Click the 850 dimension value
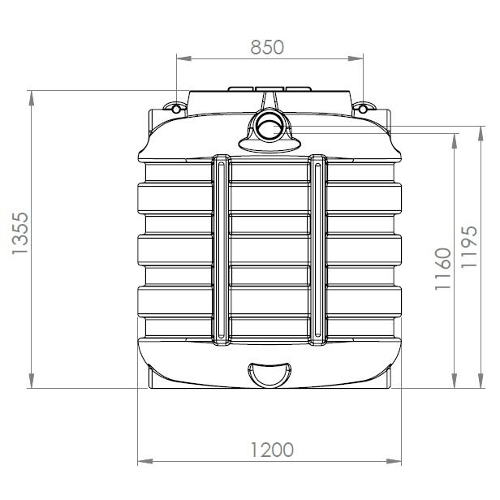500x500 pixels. (x=267, y=47)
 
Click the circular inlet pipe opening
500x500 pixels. (x=267, y=127)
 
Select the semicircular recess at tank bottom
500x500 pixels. (x=267, y=374)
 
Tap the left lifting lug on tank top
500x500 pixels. (x=173, y=107)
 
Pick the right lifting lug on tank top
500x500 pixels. (x=361, y=107)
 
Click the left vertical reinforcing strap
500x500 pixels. (x=221, y=252)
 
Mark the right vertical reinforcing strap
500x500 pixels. (x=317, y=252)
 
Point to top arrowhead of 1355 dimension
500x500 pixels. (x=32, y=96)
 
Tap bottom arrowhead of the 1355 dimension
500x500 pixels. (x=32, y=383)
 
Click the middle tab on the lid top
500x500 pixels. (x=267, y=88)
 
